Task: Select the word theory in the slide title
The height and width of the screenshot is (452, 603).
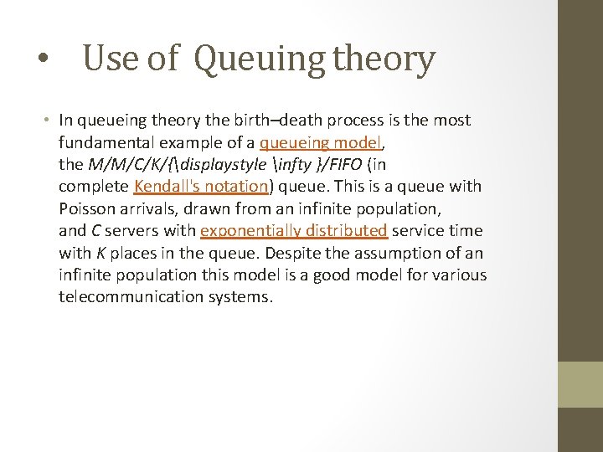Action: click(384, 59)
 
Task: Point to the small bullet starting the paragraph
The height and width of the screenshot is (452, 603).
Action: click(49, 121)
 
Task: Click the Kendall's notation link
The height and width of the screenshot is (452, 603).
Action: click(201, 186)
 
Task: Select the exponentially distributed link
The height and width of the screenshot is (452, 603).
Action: click(293, 230)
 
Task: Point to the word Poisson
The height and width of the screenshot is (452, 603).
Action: click(87, 208)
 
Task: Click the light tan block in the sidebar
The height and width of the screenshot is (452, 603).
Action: click(580, 384)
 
